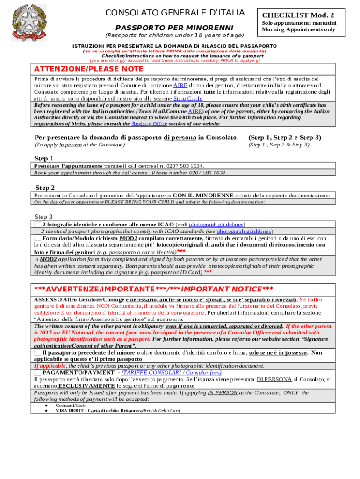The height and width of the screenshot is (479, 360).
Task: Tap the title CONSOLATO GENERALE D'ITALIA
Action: pos(175,12)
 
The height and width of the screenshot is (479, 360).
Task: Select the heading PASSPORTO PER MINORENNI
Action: pos(174,28)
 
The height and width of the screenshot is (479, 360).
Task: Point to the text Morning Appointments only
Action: pos(298,29)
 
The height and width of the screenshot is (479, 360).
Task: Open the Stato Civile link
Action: pos(187,99)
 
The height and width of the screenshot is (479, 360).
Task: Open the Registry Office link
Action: pos(149,124)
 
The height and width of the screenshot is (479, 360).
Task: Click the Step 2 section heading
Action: pos(45,188)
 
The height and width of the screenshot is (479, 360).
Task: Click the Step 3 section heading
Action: pos(43,217)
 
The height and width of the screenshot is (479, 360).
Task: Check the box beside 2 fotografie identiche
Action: pos(37,225)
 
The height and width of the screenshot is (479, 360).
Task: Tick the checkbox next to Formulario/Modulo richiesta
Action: pos(37,238)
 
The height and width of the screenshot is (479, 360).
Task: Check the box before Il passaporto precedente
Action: pos(37,353)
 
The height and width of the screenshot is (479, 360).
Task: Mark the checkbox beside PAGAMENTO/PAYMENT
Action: pos(37,373)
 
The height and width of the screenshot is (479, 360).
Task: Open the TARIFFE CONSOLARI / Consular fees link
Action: pos(172,373)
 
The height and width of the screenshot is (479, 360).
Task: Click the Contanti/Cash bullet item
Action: pos(67,405)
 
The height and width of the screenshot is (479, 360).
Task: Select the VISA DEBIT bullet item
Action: pos(117,410)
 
